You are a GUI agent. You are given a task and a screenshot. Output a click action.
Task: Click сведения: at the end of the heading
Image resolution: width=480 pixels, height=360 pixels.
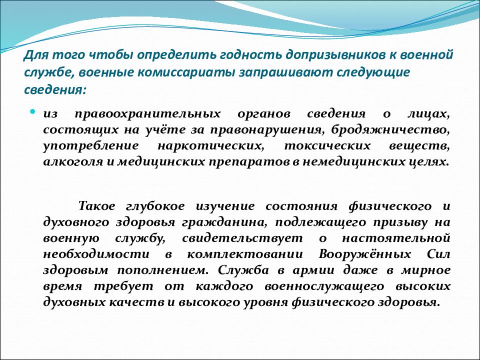tap(55, 90)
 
